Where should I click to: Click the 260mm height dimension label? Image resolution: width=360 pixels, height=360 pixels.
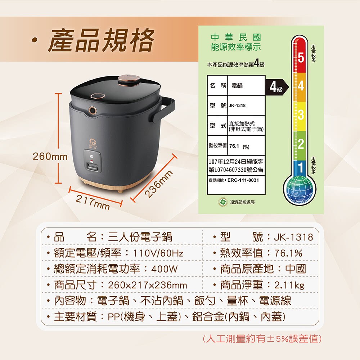click(x=50, y=157)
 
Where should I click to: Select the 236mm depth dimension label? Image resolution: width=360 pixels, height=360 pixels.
click(x=159, y=184)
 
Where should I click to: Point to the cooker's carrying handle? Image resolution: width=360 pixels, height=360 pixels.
click(x=164, y=110)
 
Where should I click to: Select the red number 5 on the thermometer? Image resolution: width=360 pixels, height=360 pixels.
click(x=301, y=58)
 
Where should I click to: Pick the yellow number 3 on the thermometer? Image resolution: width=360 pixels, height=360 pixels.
click(x=301, y=115)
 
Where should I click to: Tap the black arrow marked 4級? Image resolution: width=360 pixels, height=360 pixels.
click(x=276, y=87)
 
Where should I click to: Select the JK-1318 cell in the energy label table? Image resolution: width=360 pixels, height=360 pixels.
click(x=237, y=105)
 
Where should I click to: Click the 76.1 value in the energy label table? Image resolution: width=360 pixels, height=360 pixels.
click(x=234, y=146)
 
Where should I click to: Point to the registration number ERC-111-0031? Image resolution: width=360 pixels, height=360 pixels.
click(x=243, y=180)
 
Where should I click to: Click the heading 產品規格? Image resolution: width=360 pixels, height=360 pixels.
click(x=101, y=40)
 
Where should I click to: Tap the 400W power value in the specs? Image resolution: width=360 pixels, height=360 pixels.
click(x=165, y=269)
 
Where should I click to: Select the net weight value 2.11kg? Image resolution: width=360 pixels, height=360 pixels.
click(x=289, y=285)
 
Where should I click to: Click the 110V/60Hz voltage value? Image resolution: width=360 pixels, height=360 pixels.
click(x=158, y=253)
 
